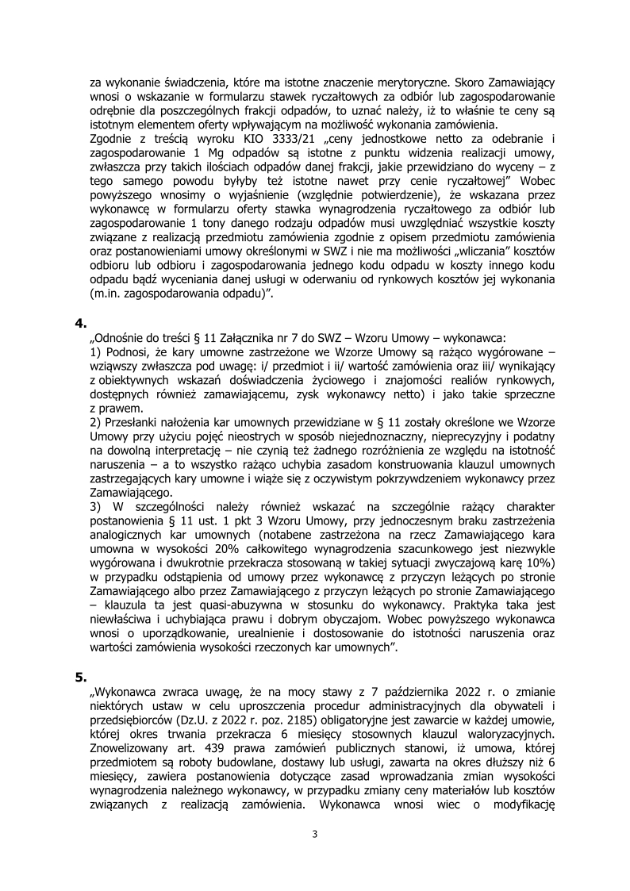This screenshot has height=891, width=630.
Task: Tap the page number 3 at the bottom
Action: [x=315, y=833]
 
